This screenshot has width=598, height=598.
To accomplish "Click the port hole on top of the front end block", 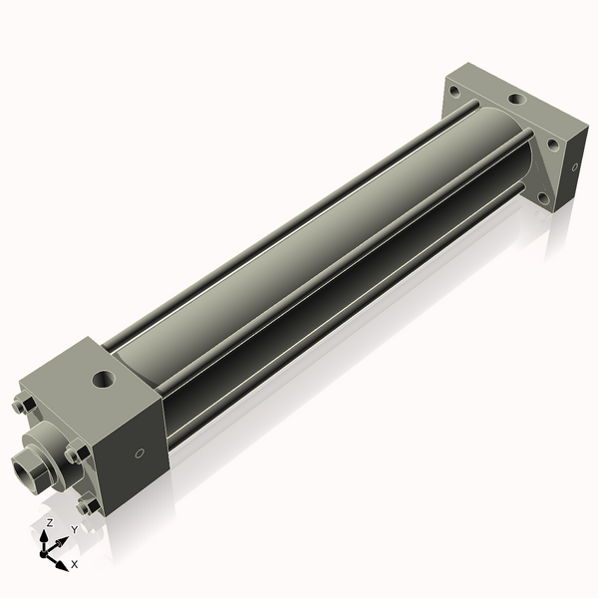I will click(x=103, y=379).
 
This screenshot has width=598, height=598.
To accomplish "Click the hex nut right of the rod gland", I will click(x=77, y=452).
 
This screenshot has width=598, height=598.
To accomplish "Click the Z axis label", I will click(x=50, y=522).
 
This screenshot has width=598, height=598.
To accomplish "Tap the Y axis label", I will click(x=73, y=530).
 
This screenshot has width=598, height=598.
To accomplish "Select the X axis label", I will click(x=74, y=564).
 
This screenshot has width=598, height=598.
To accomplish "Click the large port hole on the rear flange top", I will click(x=515, y=100).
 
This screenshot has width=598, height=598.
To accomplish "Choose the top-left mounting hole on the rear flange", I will click(x=454, y=91).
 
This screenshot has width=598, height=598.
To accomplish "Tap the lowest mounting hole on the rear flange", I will click(x=543, y=197).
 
